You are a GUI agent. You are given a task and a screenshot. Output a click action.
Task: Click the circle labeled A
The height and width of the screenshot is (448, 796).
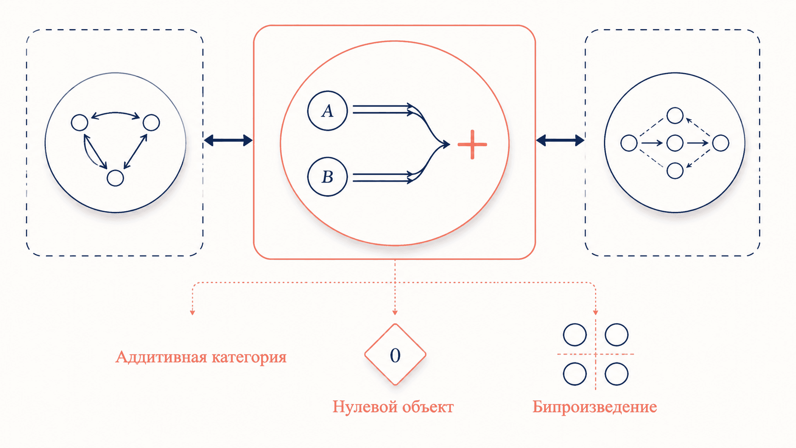327,111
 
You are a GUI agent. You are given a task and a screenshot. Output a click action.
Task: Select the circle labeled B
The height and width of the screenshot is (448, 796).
327,177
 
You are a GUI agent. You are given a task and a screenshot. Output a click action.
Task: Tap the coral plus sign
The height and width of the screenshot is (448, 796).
472,145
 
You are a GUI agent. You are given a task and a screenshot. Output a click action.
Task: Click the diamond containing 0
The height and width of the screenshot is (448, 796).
395,354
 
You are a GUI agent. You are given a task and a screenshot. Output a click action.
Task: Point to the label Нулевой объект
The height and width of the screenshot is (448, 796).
393,407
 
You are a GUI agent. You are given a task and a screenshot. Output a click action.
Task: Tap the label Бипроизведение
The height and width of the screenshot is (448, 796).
595,407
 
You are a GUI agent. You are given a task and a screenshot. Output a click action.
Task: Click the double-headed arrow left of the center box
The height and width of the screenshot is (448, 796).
228,140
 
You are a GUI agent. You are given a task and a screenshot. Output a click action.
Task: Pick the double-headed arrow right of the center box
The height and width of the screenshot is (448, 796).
560,140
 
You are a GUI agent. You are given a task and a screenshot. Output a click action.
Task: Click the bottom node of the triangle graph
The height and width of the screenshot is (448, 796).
115,178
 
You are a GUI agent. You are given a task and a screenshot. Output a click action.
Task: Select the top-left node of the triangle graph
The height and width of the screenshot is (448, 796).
80,122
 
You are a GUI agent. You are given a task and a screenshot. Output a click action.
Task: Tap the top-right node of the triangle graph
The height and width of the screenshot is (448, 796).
151,122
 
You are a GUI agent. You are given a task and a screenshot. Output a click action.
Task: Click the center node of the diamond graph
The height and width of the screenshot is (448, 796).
675,143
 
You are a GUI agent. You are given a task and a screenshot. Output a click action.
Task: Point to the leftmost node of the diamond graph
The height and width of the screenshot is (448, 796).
629,143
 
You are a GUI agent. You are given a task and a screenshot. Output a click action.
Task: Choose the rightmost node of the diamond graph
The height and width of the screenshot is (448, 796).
721,143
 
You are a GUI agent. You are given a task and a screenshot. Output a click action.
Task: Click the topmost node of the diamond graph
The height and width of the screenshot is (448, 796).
675,115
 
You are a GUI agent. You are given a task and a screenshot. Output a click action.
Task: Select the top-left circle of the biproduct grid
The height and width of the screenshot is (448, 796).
575,335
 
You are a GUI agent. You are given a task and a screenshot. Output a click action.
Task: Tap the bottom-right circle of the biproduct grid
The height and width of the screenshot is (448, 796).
616,374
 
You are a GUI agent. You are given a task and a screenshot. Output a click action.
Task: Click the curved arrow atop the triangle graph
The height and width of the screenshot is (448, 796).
115,113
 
